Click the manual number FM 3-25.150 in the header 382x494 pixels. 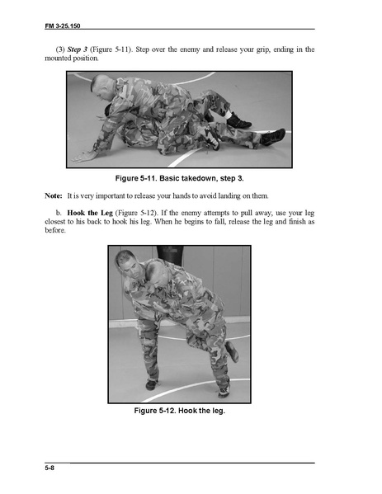(x=63, y=26)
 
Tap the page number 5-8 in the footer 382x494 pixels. (x=50, y=468)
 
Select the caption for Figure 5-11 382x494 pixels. (x=179, y=178)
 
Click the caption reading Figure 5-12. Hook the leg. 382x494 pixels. (x=179, y=411)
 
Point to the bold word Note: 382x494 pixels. (x=54, y=195)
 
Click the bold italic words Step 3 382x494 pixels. (x=78, y=49)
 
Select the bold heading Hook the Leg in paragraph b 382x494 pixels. (x=90, y=213)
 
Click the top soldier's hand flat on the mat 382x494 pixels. (x=83, y=157)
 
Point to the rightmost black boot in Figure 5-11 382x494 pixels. (x=274, y=137)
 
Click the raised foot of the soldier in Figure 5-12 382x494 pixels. (x=232, y=351)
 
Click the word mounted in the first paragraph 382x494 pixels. (x=58, y=59)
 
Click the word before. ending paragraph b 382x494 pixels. (x=55, y=230)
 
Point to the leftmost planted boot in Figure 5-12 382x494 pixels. (x=152, y=384)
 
